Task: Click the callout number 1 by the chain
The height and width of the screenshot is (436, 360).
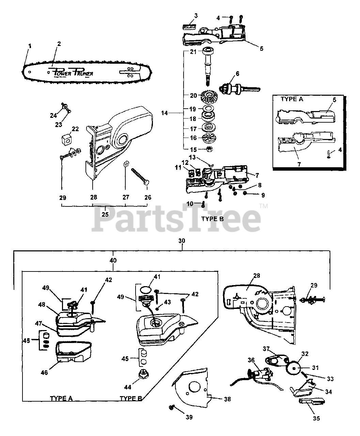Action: click(x=30, y=45)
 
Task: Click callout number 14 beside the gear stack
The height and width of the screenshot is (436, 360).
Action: click(x=165, y=113)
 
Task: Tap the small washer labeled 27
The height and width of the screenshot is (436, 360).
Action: click(x=125, y=164)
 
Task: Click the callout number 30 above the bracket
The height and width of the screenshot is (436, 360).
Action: click(x=182, y=240)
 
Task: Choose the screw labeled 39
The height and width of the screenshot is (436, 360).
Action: click(x=172, y=407)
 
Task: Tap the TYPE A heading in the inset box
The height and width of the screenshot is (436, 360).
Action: click(x=292, y=99)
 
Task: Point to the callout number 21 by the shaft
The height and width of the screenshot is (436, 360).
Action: click(x=193, y=51)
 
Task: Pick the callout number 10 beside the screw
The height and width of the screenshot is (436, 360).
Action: click(x=190, y=204)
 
